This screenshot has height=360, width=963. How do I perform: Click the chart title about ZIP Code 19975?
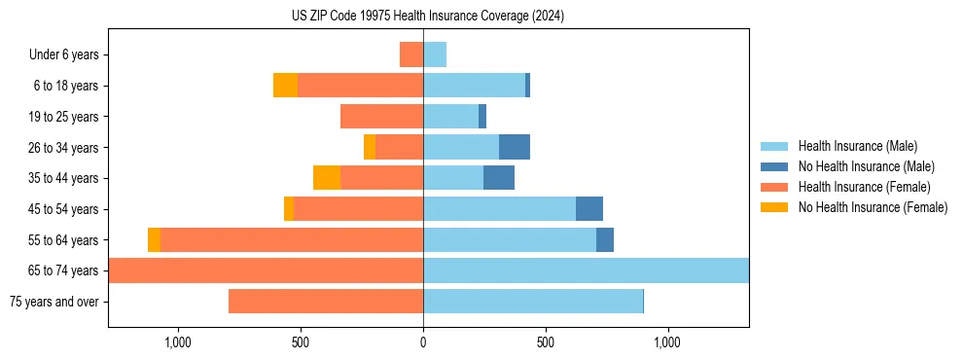click(428, 17)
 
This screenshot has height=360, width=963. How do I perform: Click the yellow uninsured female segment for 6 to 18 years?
click(285, 86)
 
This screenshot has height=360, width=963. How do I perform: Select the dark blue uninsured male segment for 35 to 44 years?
click(499, 178)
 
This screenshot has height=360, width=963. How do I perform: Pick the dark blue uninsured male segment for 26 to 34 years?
click(515, 147)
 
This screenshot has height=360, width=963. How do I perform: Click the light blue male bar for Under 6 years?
click(435, 54)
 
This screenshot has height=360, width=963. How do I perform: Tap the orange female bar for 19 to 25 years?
click(381, 117)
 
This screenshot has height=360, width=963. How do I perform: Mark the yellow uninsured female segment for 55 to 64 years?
click(154, 239)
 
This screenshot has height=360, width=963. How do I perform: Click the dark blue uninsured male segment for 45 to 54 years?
click(589, 209)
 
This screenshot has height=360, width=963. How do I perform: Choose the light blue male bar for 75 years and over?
click(533, 302)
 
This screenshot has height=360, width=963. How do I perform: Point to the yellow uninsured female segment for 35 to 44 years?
click(327, 178)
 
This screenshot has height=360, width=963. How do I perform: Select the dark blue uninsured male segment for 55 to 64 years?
click(605, 239)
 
